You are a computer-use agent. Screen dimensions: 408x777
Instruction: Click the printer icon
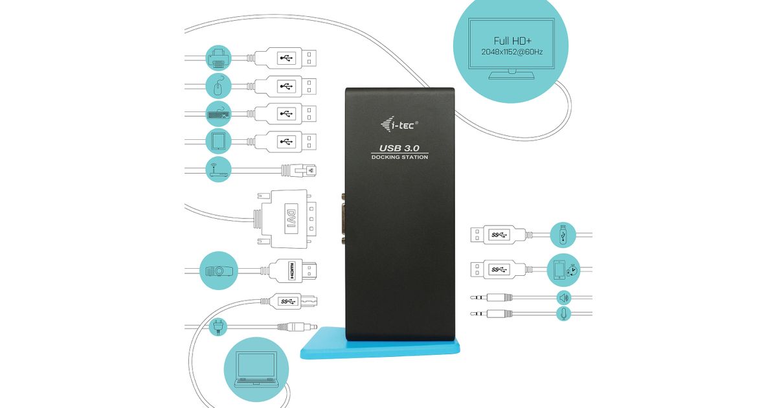click(218, 58)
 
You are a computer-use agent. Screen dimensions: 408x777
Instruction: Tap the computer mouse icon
click(218, 85)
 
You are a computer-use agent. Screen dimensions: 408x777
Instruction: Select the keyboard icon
click(218, 113)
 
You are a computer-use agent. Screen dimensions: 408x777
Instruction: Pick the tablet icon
click(218, 141)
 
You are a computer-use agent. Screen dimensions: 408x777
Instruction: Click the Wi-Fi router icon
click(218, 169)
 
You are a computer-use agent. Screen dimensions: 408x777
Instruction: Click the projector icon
click(218, 271)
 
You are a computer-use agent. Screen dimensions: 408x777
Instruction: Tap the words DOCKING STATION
click(400, 157)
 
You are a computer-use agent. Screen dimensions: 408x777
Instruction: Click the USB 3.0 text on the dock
click(400, 148)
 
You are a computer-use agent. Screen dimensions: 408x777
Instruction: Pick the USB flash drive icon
click(563, 234)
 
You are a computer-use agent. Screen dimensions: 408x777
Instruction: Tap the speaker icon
click(563, 297)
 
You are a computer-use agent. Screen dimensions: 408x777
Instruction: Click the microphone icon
click(563, 313)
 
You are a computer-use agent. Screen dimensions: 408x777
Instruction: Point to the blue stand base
click(382, 348)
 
